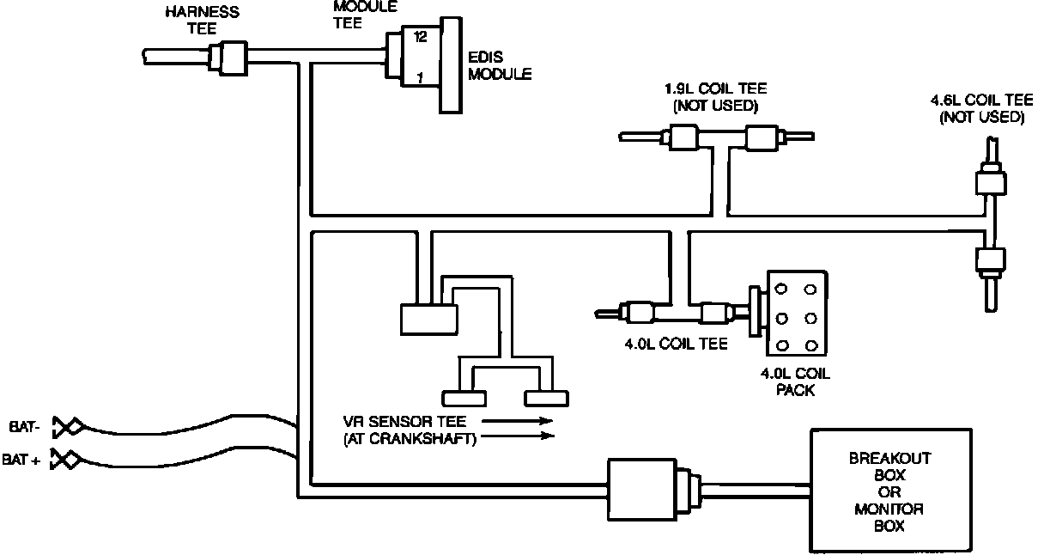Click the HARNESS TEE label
[x=203, y=20]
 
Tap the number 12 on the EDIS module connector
[x=420, y=37]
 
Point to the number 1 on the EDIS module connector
[x=420, y=77]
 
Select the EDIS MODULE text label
[x=500, y=65]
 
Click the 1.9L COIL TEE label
[x=715, y=96]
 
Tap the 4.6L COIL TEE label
[x=981, y=108]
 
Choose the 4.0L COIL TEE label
[x=676, y=345]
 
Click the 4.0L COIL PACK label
[x=795, y=382]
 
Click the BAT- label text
[x=25, y=427]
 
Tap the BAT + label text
[x=21, y=460]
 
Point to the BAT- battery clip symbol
[x=68, y=427]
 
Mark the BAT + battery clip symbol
[x=66, y=459]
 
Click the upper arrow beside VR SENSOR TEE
[x=518, y=421]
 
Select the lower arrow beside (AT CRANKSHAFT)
[x=518, y=436]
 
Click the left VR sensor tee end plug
[x=464, y=399]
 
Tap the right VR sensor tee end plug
[x=546, y=399]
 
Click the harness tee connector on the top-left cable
[x=228, y=58]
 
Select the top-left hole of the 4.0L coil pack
[x=781, y=290]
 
